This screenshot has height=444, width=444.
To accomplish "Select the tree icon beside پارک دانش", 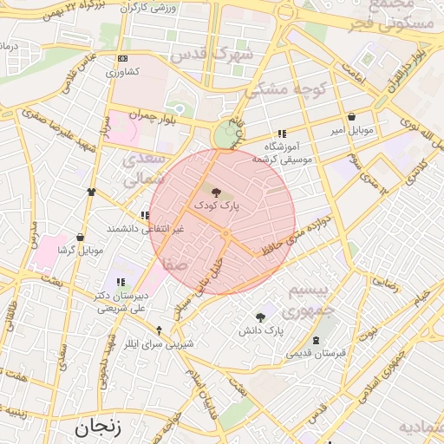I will (x=261, y=317).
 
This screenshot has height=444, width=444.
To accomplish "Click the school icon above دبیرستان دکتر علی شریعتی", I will (x=121, y=282).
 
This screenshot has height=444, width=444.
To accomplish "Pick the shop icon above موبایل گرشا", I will (x=81, y=237).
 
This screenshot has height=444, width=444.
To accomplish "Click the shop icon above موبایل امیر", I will (x=350, y=116).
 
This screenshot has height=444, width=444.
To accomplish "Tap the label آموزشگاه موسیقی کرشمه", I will (x=283, y=153).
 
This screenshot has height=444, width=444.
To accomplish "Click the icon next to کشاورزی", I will (x=121, y=59).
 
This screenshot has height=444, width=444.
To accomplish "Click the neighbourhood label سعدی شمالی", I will (x=142, y=170).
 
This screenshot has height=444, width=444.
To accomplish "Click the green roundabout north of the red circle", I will (x=227, y=135).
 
